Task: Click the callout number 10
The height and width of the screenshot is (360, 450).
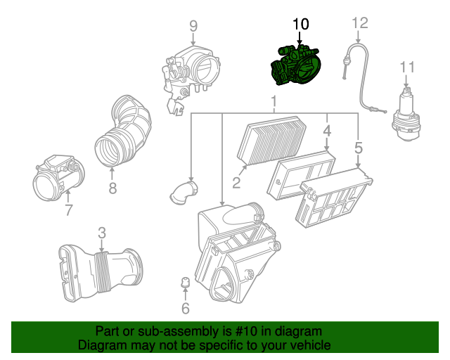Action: coord(300,24)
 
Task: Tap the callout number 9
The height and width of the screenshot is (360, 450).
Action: coord(193,27)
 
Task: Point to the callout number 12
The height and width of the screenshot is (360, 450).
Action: coord(359,23)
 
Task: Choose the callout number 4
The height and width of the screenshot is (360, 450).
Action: coord(327,131)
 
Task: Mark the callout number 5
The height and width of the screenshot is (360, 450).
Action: coord(359,148)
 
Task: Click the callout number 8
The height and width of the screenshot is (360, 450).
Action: coord(112,187)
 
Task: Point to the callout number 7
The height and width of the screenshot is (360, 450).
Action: coord(68,210)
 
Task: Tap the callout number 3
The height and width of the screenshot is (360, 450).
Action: coord(101,232)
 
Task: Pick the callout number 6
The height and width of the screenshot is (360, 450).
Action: coord(186,308)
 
